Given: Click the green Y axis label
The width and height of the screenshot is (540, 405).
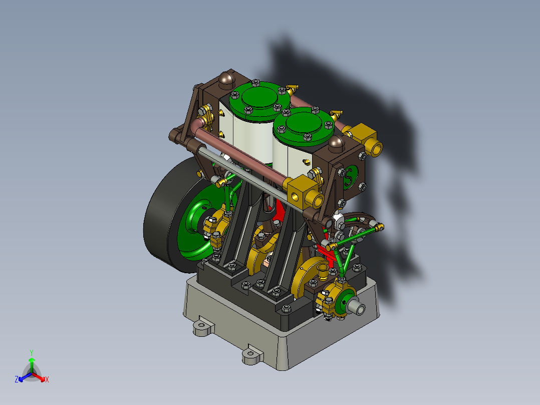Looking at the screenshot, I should point(31,352).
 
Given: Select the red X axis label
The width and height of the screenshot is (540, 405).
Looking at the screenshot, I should point(47,380).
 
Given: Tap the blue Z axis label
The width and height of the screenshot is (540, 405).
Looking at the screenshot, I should point(17,380).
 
